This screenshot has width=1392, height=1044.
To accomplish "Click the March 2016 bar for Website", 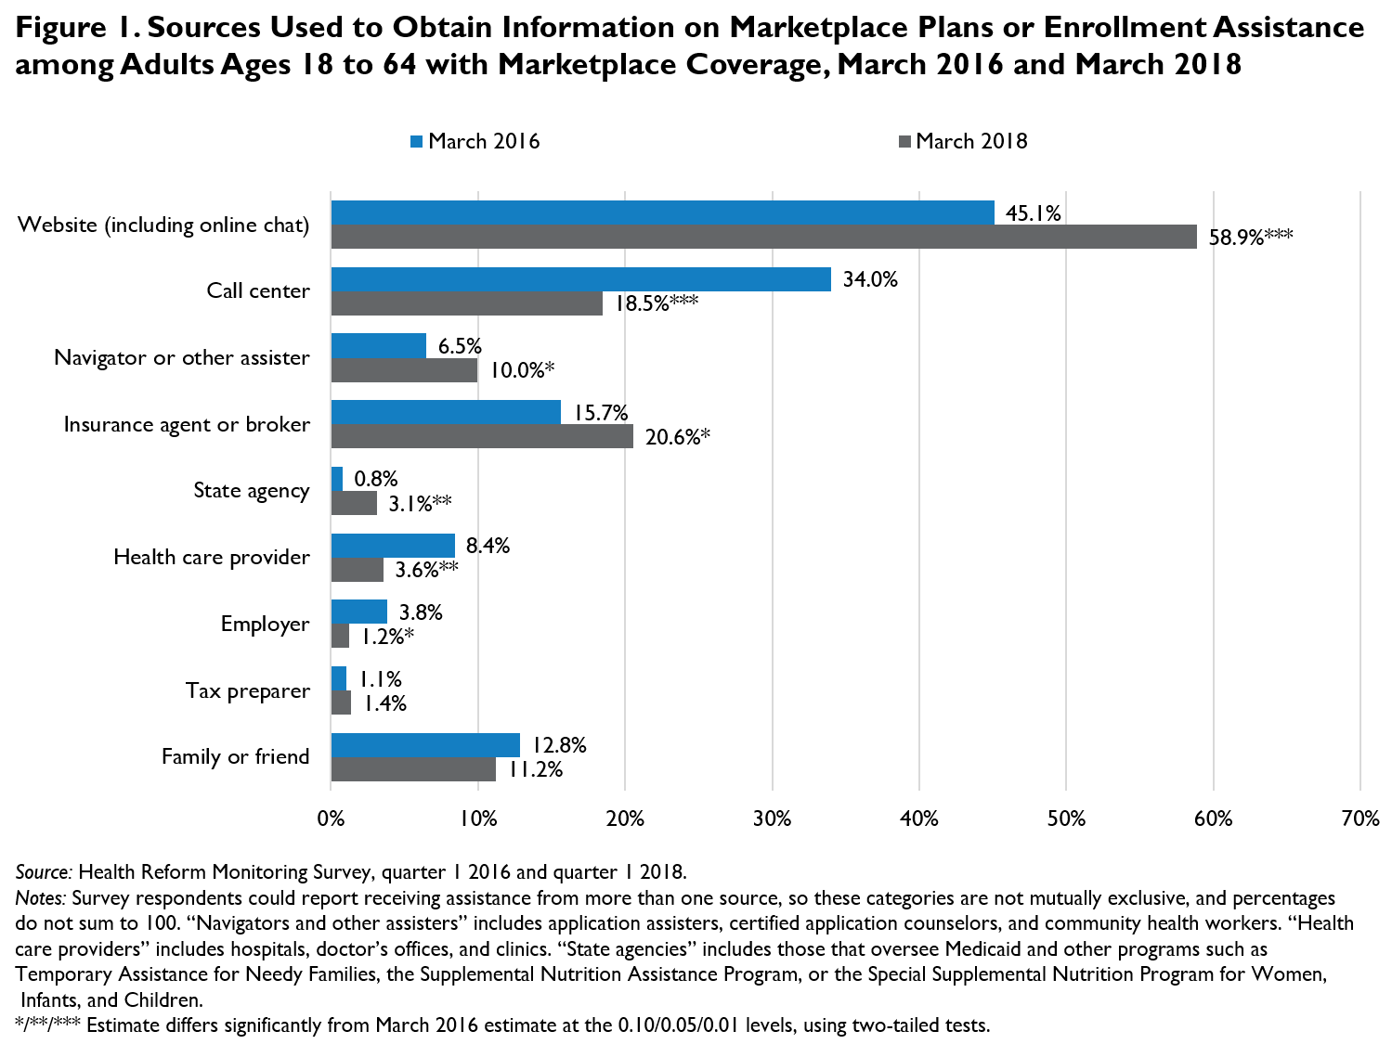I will pos(662,213).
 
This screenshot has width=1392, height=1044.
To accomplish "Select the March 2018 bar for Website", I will pos(763,237).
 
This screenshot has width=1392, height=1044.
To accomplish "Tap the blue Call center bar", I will pos(580,279).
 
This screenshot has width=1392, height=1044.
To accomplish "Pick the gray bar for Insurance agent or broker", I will pos(482,436).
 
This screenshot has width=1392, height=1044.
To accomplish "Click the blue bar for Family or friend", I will pos(425,745).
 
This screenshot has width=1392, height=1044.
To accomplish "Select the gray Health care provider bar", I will pos(358,570).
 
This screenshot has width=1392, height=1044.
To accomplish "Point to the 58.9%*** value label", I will pos(1250,238).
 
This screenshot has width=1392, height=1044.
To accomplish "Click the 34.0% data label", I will pos(870,279).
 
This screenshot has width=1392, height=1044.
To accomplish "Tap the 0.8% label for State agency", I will pos(375,479).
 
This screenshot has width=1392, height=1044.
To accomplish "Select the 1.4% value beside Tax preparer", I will pos(384,703).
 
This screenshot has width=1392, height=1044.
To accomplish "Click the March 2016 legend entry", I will pos(475,141).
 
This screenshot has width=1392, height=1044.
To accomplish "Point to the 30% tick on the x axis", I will pos(772,818).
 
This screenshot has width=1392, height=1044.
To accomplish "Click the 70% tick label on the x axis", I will pos(1359,818).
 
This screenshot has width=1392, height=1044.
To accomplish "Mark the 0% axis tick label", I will pos(332,818).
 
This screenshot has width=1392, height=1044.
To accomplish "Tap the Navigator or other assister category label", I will pos(182,357).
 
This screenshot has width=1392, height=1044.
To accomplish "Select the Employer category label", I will pos(265,624).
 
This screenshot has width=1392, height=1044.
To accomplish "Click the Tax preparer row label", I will pos(247,690).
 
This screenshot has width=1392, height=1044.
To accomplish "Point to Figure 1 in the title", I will pos(77,28).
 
